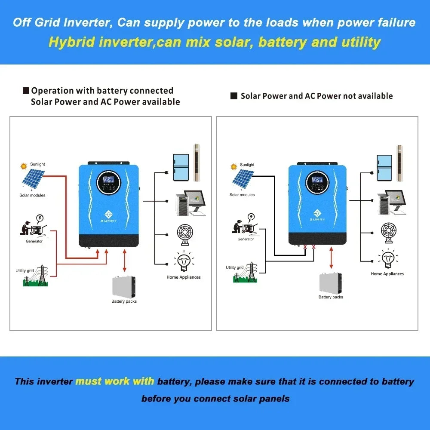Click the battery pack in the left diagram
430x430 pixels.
[124, 286]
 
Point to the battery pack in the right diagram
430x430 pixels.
[331, 283]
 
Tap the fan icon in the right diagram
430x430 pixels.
[388, 233]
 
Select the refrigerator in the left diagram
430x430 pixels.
[181, 167]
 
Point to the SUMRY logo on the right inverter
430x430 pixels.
[317, 214]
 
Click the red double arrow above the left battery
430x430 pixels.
[125, 261]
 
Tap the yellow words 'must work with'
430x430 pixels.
[114, 381]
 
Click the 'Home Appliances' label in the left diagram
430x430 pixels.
[184, 277]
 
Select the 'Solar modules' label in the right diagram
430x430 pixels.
[242, 195]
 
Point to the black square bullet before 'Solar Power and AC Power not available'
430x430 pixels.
[234, 96]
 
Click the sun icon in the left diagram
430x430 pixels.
[24, 166]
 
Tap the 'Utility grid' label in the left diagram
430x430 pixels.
[25, 270]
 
